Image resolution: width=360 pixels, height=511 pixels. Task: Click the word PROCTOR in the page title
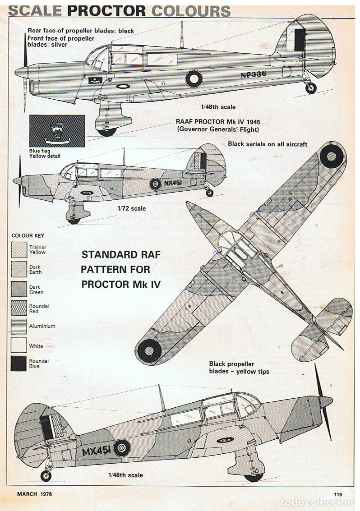pyautogui.click(x=106, y=11)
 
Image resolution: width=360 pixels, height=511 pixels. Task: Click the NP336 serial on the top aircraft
pyautogui.click(x=254, y=74)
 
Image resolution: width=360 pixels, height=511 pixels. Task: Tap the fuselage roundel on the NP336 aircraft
pyautogui.click(x=194, y=78)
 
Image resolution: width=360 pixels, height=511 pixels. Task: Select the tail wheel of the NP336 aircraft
pyautogui.click(x=311, y=88)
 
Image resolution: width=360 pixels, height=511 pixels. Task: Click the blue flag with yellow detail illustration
pyautogui.click(x=57, y=131)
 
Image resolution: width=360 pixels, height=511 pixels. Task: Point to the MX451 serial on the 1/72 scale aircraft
pyautogui.click(x=173, y=183)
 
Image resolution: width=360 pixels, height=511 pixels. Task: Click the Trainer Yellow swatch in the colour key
pyautogui.click(x=18, y=250)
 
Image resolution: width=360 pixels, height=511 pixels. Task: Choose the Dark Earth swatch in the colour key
pyautogui.click(x=18, y=269)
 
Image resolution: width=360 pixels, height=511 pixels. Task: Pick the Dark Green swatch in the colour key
pyautogui.click(x=18, y=289)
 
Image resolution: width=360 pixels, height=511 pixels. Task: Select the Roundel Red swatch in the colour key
pyautogui.click(x=18, y=308)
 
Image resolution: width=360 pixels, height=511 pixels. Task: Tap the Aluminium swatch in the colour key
pyautogui.click(x=18, y=327)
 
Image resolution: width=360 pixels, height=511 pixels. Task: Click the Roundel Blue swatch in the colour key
pyautogui.click(x=18, y=364)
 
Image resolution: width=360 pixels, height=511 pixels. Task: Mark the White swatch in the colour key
pyautogui.click(x=18, y=345)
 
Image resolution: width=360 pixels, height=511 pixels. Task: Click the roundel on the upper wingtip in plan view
pyautogui.click(x=332, y=156)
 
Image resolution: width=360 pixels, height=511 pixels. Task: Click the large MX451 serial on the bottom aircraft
pyautogui.click(x=96, y=451)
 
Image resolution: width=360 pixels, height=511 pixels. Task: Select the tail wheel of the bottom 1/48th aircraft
pyautogui.click(x=46, y=476)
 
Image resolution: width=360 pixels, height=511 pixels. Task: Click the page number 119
pyautogui.click(x=338, y=494)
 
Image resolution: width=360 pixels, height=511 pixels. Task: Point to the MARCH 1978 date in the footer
pyautogui.click(x=34, y=494)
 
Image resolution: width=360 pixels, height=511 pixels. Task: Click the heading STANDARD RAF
pyautogui.click(x=121, y=254)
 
